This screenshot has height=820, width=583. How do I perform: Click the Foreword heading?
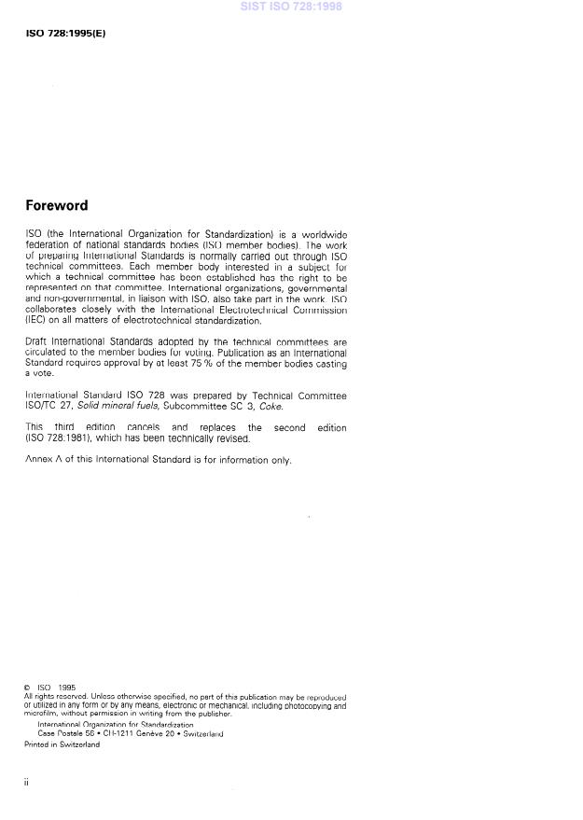click(56, 205)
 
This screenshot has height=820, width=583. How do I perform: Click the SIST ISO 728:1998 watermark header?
click(291, 6)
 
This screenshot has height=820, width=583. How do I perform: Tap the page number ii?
click(26, 782)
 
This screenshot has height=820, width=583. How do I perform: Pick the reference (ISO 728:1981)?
click(62, 438)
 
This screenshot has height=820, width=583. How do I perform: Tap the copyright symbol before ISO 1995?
click(27, 688)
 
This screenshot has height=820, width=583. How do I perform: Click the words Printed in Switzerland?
click(62, 744)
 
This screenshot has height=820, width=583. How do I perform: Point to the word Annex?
click(37, 459)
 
